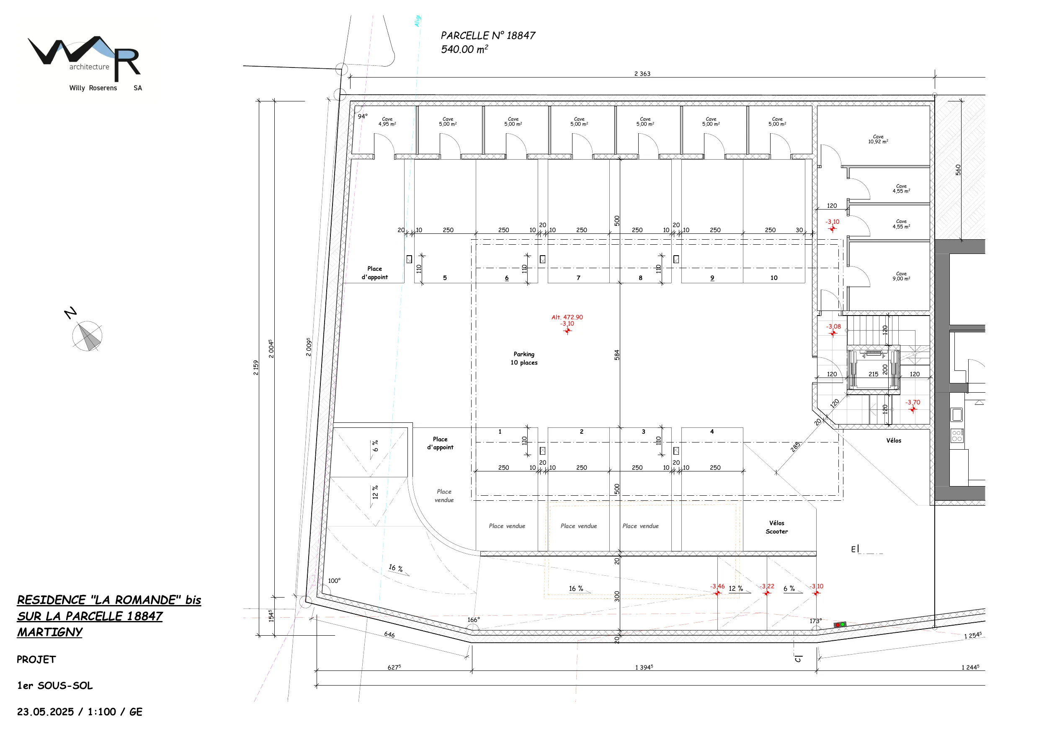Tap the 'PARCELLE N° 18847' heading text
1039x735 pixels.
[488, 35]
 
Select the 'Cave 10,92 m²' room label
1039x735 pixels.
[878, 139]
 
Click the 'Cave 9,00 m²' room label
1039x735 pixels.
[901, 276]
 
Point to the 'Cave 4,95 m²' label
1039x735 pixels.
[387, 122]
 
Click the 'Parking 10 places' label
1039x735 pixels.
[524, 358]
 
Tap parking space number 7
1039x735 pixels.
[578, 277]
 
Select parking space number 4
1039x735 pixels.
[712, 432]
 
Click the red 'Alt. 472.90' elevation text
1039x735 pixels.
[567, 317]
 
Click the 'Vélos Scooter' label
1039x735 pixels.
[776, 527]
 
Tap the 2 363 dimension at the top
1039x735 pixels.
[642, 73]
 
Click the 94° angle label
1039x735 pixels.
[363, 116]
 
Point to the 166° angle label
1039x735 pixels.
[473, 619]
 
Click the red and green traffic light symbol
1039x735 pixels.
[839, 624]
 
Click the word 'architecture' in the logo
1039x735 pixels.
[89, 67]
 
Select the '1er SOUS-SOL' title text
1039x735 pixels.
[55, 686]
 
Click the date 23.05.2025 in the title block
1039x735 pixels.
[45, 712]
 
